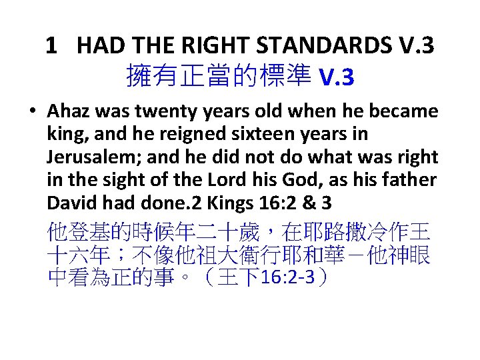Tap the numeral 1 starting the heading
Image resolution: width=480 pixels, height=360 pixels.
coord(51,45)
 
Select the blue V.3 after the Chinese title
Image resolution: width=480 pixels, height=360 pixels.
coord(337,79)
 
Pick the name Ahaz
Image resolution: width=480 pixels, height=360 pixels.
coord(65,111)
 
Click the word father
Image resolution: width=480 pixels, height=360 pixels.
coord(409,180)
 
